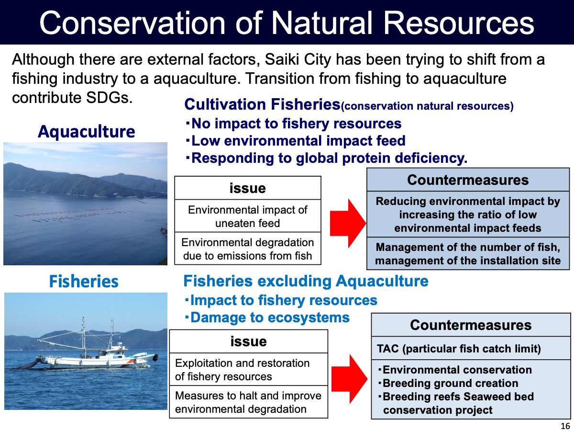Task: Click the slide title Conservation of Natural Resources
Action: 287,23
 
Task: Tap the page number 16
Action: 565,426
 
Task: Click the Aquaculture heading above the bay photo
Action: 86,131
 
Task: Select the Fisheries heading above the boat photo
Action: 84,282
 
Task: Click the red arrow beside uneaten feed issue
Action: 348,223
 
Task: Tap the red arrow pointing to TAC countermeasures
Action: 349,379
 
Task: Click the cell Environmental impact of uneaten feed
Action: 248,216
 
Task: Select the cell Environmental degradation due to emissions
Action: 248,249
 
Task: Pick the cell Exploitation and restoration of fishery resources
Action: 248,369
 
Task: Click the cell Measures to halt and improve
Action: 248,402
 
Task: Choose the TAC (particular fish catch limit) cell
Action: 471,348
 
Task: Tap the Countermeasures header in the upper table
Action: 468,180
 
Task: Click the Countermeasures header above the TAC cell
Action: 471,325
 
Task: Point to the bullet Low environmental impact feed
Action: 296,141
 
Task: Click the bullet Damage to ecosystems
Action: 267,318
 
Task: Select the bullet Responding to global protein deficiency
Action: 326,158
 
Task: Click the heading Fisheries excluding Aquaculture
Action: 306,281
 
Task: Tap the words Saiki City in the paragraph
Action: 298,59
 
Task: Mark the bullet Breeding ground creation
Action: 448,383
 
